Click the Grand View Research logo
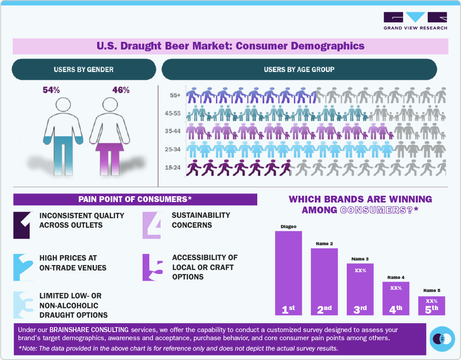pos(415,21)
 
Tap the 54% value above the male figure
pos(51,90)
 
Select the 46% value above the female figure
pos(121,90)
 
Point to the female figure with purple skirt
pos(110,135)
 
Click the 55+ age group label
pos(175,95)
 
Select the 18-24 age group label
pos(173,167)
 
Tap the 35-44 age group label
pos(173,131)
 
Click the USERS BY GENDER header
pos(84,69)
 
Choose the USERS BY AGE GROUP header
pos(299,69)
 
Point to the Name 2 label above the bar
pos(324,244)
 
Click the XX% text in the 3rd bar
pos(360,271)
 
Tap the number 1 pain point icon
pos(22,225)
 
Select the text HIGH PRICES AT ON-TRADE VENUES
pos(73,263)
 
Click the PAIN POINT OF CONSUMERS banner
pos(135,199)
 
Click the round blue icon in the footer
pos(442,339)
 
